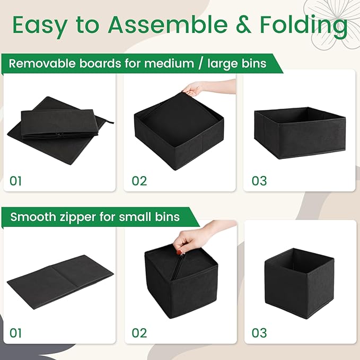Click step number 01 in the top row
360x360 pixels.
(16, 181)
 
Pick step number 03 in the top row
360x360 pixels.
(259, 181)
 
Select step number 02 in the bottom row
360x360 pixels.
(139, 333)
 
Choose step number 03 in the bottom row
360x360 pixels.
(259, 333)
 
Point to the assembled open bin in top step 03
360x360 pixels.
(300, 133)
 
